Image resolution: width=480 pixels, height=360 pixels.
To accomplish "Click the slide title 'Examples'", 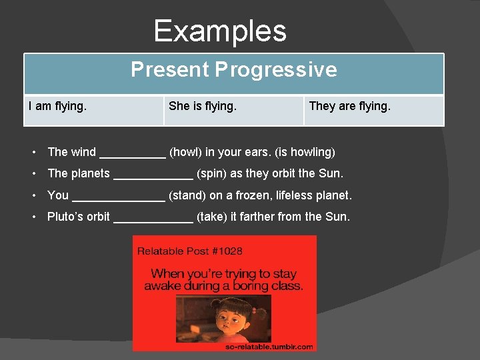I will pos(220,31).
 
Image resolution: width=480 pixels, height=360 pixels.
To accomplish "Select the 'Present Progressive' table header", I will pos(233,69).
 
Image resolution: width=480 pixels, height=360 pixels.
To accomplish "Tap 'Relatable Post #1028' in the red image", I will pos(190,251).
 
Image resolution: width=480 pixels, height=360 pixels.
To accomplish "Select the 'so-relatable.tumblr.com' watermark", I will pos(269,347).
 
